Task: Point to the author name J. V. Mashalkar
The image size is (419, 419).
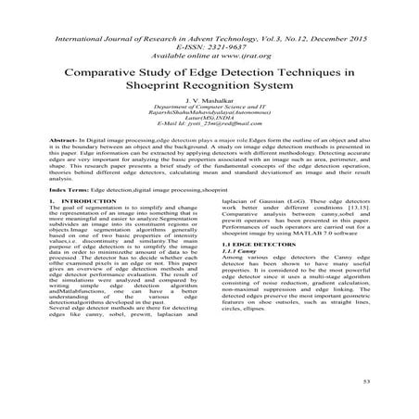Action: [x=209, y=101]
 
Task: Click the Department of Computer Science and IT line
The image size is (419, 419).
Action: [x=209, y=110]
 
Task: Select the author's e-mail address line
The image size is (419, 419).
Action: [x=209, y=135]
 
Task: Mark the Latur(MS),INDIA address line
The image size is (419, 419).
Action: [x=209, y=127]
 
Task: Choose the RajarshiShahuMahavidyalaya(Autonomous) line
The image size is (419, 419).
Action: [x=209, y=119]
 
